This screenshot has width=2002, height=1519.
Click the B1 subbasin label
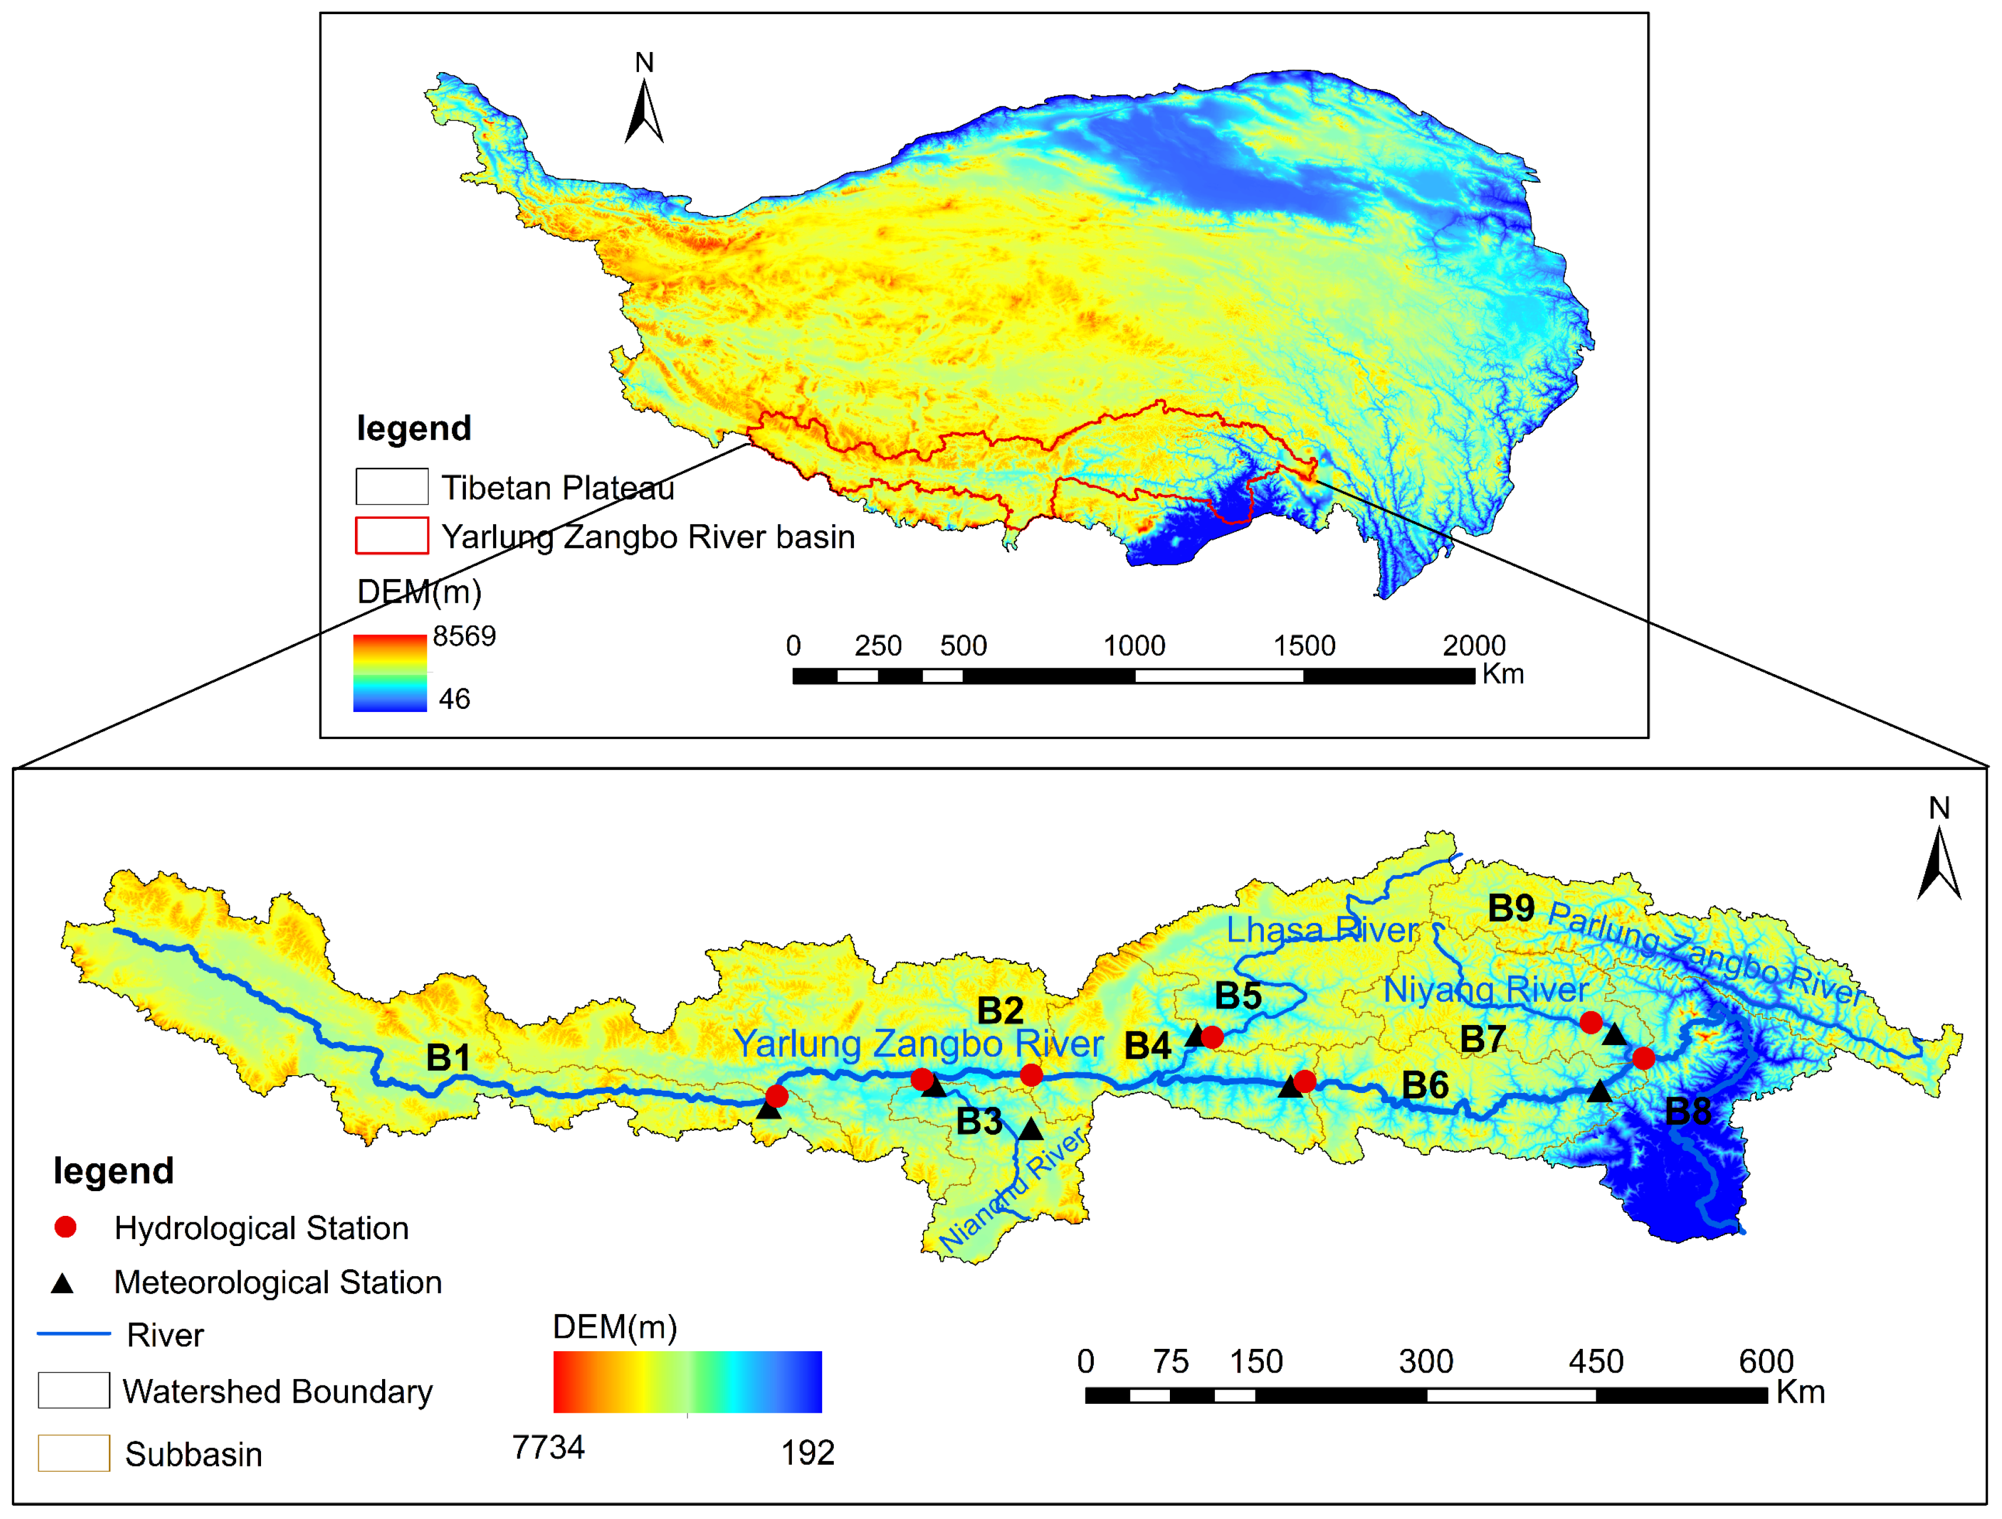click(x=448, y=1058)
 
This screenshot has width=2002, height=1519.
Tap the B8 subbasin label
click(x=1688, y=1111)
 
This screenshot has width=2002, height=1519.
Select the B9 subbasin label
click(x=1511, y=908)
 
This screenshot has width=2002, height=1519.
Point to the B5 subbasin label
click(x=1238, y=996)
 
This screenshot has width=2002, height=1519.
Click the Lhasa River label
click(x=1322, y=930)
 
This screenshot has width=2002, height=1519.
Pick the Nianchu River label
click(x=1012, y=1192)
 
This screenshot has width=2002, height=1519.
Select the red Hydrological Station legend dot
click(x=65, y=1228)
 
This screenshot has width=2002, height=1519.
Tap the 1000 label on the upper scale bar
click(x=1134, y=645)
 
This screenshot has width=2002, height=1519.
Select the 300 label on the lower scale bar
click(x=1426, y=1361)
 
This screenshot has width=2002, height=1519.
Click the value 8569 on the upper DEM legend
click(x=464, y=636)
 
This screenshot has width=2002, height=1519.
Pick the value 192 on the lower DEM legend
click(x=807, y=1453)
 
